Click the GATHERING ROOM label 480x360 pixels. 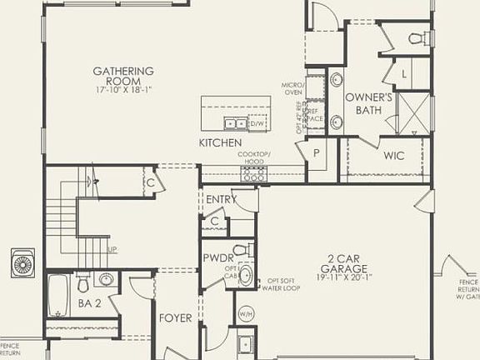pyautogui.click(x=123, y=72)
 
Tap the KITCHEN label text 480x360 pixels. pyautogui.click(x=220, y=143)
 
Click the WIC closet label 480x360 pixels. pyautogui.click(x=394, y=156)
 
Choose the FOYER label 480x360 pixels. pyautogui.click(x=176, y=318)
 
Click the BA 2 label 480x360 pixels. pyautogui.click(x=90, y=304)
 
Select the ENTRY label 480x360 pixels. pyautogui.click(x=221, y=200)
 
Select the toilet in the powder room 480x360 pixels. pyautogui.click(x=240, y=249)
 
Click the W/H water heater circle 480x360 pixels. pyautogui.click(x=246, y=313)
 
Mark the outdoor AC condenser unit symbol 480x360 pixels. pyautogui.click(x=22, y=263)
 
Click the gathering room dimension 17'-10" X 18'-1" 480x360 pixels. pyautogui.click(x=123, y=83)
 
